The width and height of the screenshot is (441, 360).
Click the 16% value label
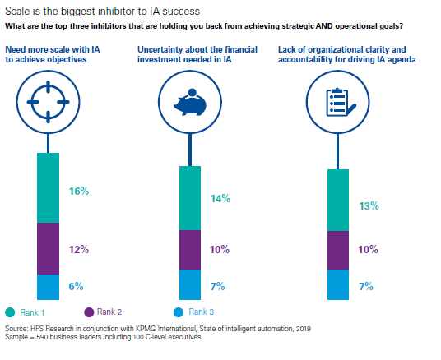coord(79,192)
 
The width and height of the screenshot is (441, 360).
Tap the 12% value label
coord(79,249)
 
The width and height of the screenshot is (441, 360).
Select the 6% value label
coord(77,286)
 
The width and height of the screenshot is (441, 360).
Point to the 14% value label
coord(220,198)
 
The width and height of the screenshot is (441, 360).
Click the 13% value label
coord(369,205)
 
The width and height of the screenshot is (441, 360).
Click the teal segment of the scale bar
coord(48,187)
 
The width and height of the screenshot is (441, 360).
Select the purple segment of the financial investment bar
coord(190,250)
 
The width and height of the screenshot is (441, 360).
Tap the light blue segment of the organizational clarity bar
coord(338,284)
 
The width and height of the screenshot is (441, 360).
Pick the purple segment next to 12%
coord(48,249)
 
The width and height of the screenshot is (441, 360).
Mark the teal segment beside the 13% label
coord(338,200)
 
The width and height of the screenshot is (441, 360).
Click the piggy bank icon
coord(190,102)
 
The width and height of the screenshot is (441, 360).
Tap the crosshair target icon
coord(48,102)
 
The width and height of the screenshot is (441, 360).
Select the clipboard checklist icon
coord(341,102)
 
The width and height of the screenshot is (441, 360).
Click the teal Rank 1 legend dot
coord(10,312)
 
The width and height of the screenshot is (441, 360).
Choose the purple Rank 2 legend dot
coord(89,312)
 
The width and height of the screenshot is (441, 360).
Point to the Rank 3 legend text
coord(201,312)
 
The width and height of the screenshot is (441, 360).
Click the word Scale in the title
coord(17,12)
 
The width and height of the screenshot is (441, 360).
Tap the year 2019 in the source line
coord(303,329)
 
